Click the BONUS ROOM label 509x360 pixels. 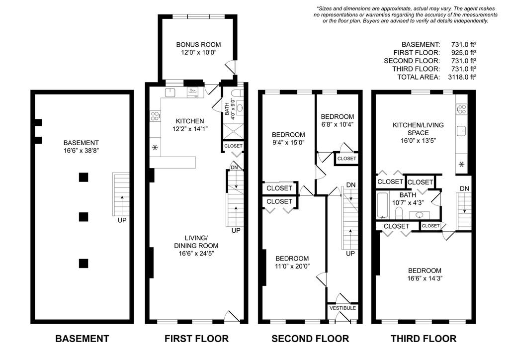click(198, 44)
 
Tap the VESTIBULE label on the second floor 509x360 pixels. click(342, 308)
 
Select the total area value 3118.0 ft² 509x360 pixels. click(462, 77)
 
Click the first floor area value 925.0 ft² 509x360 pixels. click(464, 53)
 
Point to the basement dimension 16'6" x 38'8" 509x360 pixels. click(81, 151)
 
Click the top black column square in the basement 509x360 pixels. click(84, 177)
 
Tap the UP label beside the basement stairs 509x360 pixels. click(122, 220)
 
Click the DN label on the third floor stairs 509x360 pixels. click(464, 188)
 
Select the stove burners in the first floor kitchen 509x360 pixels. click(155, 115)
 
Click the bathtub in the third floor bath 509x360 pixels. click(382, 205)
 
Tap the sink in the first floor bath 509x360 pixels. click(240, 107)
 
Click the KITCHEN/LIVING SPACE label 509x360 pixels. click(418, 129)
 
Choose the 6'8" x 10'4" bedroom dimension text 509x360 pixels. click(338, 124)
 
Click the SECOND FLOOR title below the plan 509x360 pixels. click(310, 339)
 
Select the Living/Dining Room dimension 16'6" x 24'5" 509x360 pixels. click(196, 254)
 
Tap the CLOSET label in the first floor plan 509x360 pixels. click(233, 146)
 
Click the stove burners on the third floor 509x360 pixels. click(461, 109)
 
